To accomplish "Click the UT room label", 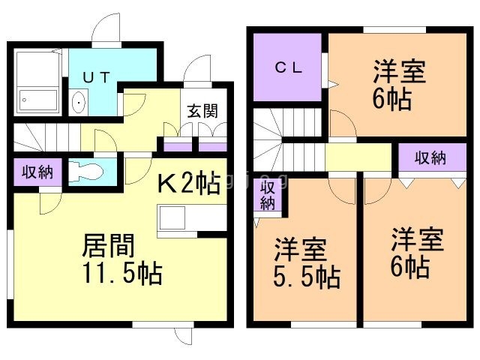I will pyautogui.click(x=98, y=76).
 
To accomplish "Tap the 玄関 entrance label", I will pyautogui.click(x=202, y=112).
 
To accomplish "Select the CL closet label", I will pyautogui.click(x=287, y=67).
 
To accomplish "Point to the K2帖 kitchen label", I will pyautogui.click(x=188, y=182).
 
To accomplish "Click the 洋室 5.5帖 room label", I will pyautogui.click(x=306, y=262).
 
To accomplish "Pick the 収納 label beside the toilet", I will pyautogui.click(x=35, y=172).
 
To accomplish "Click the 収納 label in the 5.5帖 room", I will pyautogui.click(x=268, y=195).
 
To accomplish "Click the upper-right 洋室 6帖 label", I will pyautogui.click(x=398, y=85).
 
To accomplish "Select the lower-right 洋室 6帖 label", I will pyautogui.click(x=417, y=253).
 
